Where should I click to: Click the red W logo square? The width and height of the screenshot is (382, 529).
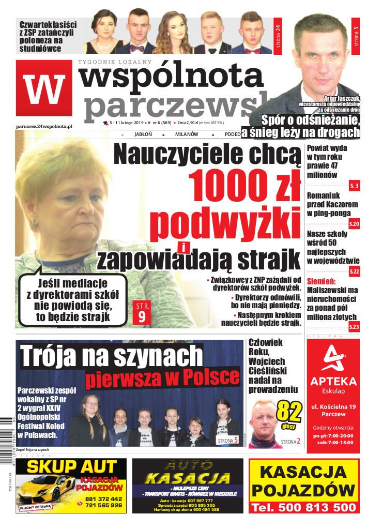tap(44, 88)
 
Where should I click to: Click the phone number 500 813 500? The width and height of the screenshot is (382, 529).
tap(303, 508)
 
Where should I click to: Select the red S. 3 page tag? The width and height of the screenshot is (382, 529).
tap(354, 185)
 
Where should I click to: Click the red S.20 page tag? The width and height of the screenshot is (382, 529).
tap(354, 223)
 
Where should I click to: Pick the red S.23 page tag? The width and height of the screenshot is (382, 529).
tap(354, 326)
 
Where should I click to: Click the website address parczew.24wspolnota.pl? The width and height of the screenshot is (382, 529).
tap(44, 126)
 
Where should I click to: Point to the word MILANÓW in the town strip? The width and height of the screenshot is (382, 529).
tap(187, 134)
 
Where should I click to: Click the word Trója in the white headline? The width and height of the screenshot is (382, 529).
tap(49, 356)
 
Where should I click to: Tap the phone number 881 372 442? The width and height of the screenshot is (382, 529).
tap(103, 499)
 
